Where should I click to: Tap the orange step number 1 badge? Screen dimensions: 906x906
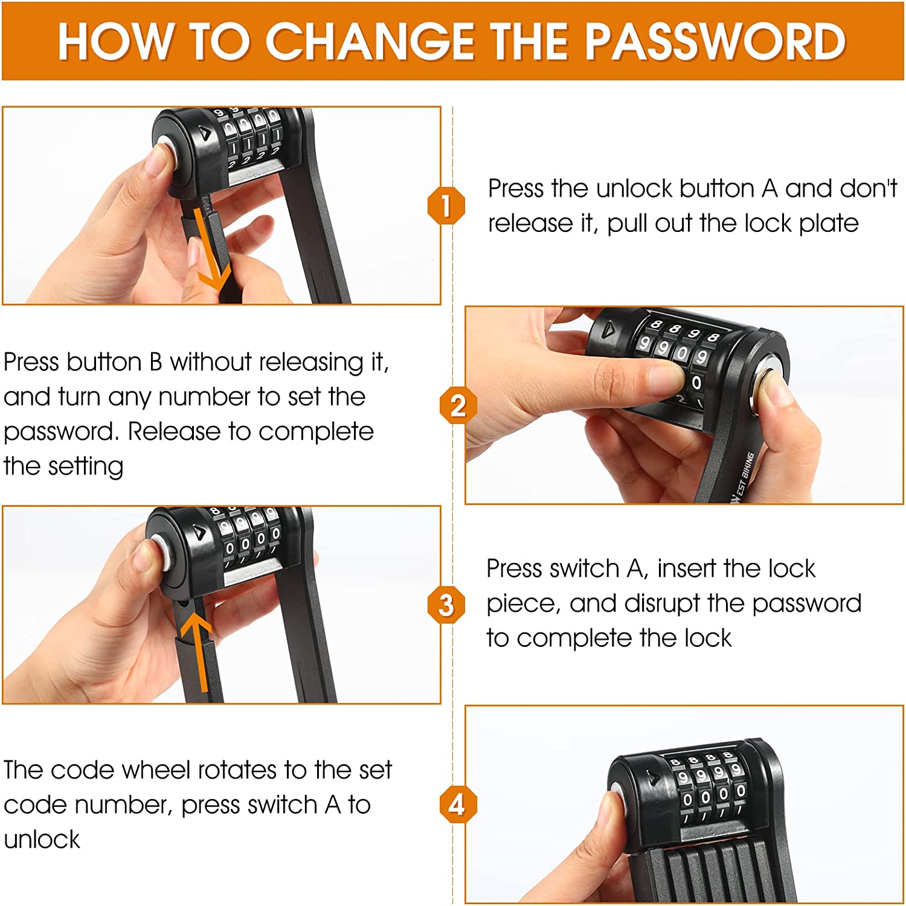tap(446, 205)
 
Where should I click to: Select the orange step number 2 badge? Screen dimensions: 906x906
tap(458, 405)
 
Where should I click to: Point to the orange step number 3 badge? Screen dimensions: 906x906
tap(446, 605)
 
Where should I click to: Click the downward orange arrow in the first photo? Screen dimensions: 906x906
tap(211, 248)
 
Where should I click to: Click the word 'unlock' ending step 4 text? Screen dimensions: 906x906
tap(42, 839)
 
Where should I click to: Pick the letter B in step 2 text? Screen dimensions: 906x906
tap(156, 362)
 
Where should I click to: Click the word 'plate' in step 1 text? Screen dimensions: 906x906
tap(829, 223)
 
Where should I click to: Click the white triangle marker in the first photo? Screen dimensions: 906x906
tap(207, 135)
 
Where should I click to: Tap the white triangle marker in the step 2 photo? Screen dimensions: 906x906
tap(608, 329)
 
